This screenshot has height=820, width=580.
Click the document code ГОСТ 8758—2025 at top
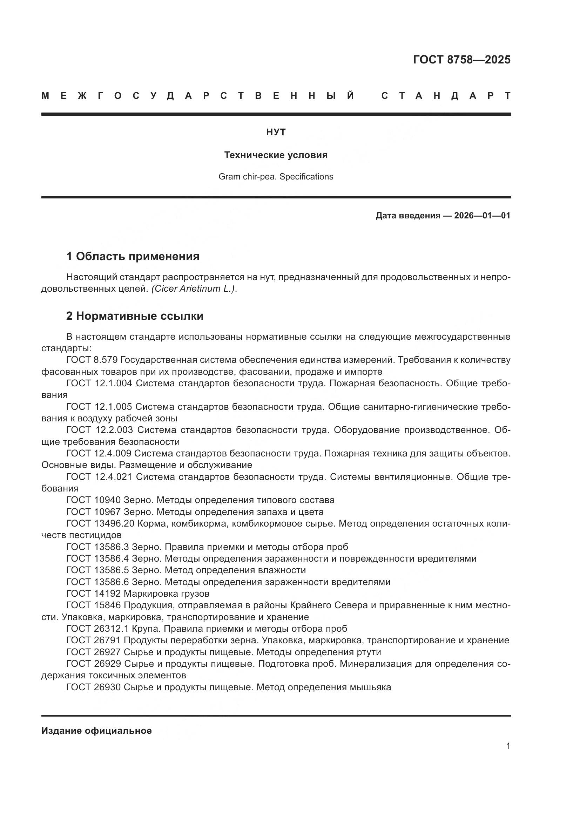[x=461, y=60]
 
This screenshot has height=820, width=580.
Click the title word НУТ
[x=276, y=133]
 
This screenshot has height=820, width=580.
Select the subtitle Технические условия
[x=276, y=155]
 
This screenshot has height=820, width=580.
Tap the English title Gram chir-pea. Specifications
[x=276, y=177]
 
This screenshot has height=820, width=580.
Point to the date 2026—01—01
[x=482, y=216]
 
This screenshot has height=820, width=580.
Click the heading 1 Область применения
[x=133, y=256]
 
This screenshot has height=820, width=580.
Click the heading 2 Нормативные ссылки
[x=135, y=316]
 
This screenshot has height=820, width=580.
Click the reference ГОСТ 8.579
[x=92, y=360]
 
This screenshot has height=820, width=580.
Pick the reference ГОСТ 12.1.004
[x=99, y=384]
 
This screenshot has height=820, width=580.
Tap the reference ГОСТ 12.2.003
[x=99, y=430]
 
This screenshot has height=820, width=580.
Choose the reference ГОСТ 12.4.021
[x=99, y=477]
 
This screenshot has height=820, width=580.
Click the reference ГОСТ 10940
[x=94, y=500]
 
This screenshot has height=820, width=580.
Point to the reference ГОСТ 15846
[x=94, y=605]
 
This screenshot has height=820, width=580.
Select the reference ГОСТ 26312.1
[x=97, y=629]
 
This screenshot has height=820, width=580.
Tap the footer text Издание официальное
[x=96, y=731]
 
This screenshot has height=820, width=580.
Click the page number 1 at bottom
[x=508, y=746]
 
